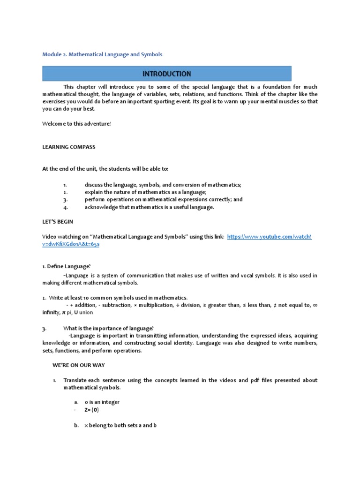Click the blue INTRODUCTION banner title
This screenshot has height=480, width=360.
[x=167, y=74]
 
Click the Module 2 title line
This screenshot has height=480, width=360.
[x=102, y=54]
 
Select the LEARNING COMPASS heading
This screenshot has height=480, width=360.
[x=69, y=147]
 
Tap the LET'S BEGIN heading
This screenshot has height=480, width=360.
[x=58, y=222]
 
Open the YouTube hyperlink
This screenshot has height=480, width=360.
[x=269, y=237]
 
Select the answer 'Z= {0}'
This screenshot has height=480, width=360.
[x=92, y=410]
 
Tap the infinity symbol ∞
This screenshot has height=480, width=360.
[x=315, y=305]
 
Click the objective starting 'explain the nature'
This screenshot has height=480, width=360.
[x=145, y=192]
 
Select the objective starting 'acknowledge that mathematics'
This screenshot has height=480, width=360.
[x=149, y=207]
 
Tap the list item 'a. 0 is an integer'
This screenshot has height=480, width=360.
[x=97, y=402]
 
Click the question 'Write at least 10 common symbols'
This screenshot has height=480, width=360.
[x=115, y=298]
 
